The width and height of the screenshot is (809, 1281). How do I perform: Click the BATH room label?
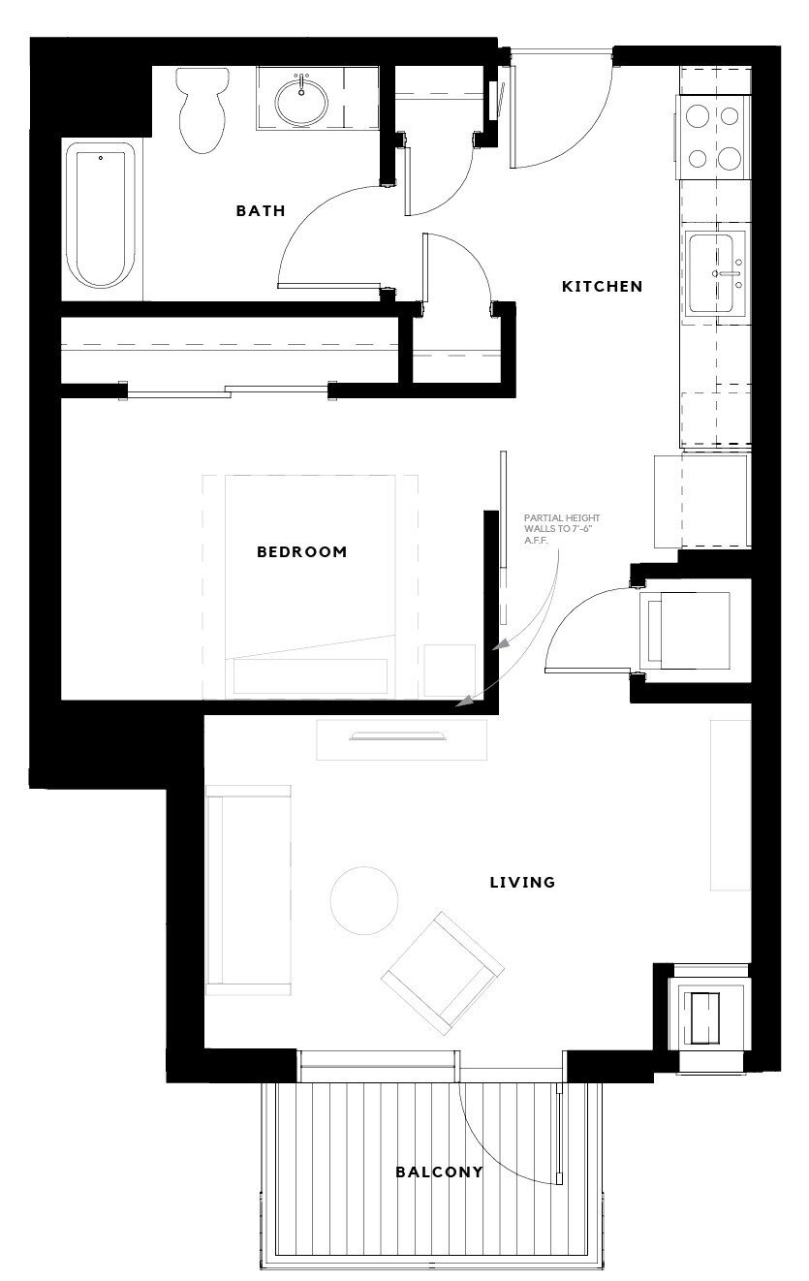[x=261, y=210]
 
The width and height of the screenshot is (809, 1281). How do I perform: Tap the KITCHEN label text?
[x=603, y=286]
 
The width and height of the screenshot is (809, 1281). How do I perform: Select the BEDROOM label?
[x=301, y=552]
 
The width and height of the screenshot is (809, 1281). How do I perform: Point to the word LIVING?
[x=522, y=882]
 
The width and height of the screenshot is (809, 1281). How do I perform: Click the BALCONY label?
[x=439, y=1172]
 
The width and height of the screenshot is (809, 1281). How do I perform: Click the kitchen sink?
[x=717, y=272]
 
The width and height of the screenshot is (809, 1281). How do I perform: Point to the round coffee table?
[x=363, y=900]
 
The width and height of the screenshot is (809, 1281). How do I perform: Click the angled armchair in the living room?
[x=443, y=971]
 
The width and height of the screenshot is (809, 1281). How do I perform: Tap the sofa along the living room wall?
[x=248, y=890]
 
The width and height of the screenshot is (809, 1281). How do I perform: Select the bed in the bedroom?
[x=310, y=586]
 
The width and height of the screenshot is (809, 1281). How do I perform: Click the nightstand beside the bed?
[x=450, y=671]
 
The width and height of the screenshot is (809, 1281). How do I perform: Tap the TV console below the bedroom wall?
[x=401, y=739]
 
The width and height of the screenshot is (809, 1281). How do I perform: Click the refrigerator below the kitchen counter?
[x=702, y=501]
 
